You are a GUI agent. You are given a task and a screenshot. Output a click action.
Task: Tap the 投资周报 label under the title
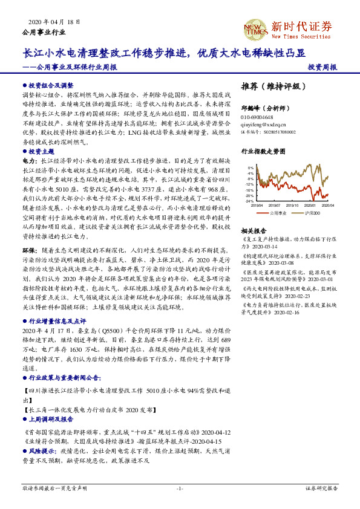click(x=322, y=68)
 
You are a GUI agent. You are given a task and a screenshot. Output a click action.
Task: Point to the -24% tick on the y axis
click(x=250, y=201)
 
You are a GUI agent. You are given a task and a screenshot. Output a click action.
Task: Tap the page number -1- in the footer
click(x=180, y=487)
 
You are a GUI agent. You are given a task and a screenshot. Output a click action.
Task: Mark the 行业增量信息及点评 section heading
click(x=59, y=322)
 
